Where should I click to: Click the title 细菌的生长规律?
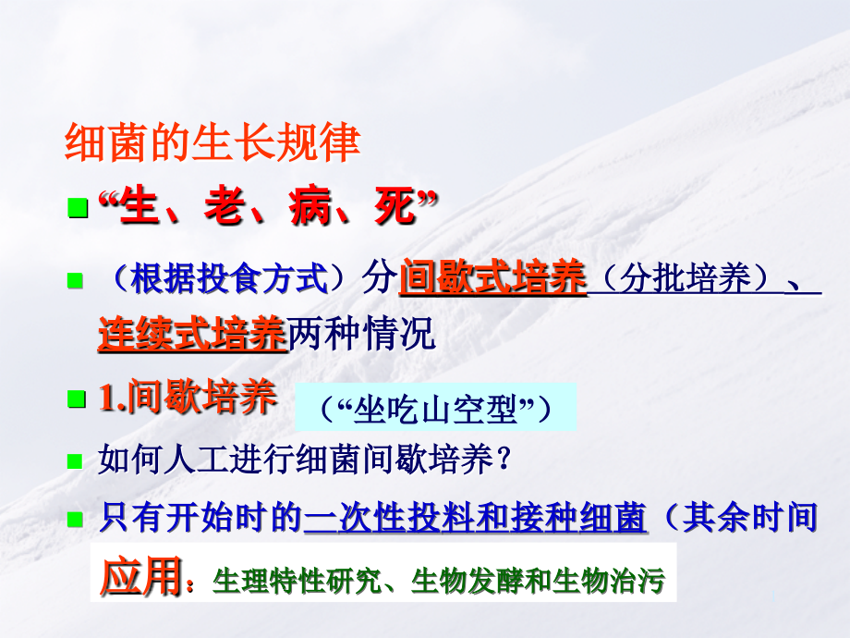point(212,143)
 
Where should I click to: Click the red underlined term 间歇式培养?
point(493,278)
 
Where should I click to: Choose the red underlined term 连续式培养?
point(191,335)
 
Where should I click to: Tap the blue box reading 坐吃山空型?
point(434,409)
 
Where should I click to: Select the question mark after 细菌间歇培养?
point(504,460)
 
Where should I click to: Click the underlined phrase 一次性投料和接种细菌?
point(475,518)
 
